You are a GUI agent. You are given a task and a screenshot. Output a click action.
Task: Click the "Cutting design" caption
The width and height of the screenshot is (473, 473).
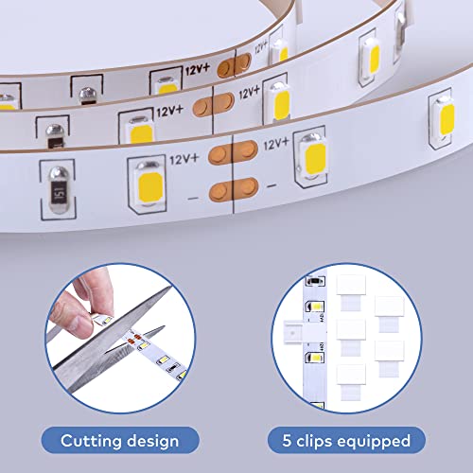click(119, 441)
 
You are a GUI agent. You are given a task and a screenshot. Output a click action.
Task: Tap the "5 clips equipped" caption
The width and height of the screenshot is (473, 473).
click(352, 441)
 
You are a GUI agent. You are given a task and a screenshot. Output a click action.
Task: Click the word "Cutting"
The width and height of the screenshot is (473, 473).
click(93, 441)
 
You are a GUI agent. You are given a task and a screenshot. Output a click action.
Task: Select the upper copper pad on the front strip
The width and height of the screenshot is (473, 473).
click(231, 150)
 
